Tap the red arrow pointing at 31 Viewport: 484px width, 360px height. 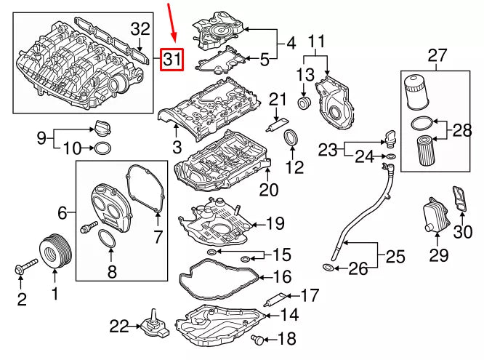[x=172, y=23]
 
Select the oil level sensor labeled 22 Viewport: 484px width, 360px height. [x=154, y=326]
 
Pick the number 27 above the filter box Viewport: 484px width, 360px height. [x=437, y=55]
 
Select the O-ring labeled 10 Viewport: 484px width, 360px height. [x=103, y=150]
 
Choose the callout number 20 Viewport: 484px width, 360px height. [x=269, y=191]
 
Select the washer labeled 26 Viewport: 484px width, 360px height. [x=328, y=270]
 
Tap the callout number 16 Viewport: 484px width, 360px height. [x=282, y=276]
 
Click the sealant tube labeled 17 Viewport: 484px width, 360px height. [x=275, y=298]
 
